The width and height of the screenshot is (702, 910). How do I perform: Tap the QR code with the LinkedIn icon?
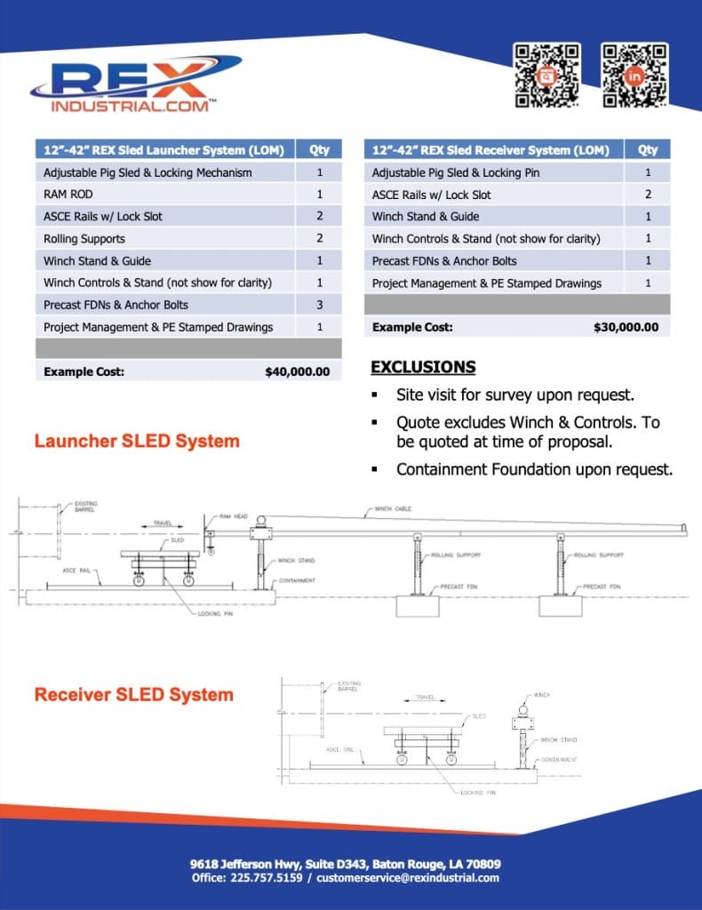634,76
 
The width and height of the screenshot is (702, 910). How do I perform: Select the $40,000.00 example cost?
297,372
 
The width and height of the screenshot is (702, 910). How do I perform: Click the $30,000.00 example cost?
626,327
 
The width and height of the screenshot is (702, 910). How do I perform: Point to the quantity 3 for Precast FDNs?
319,305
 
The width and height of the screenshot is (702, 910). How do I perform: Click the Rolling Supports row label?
84,238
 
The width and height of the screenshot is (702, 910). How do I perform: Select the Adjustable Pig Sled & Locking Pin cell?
455,172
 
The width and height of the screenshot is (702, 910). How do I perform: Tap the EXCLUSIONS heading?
422,367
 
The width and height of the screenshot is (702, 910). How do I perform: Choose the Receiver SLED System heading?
133,694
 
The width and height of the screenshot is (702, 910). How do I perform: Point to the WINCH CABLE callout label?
392,509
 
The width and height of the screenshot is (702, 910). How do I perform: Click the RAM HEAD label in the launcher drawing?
234,516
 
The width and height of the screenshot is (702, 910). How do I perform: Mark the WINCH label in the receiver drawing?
542,695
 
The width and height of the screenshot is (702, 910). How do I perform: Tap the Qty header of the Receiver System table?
647,150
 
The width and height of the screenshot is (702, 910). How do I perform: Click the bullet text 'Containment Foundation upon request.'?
534,468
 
